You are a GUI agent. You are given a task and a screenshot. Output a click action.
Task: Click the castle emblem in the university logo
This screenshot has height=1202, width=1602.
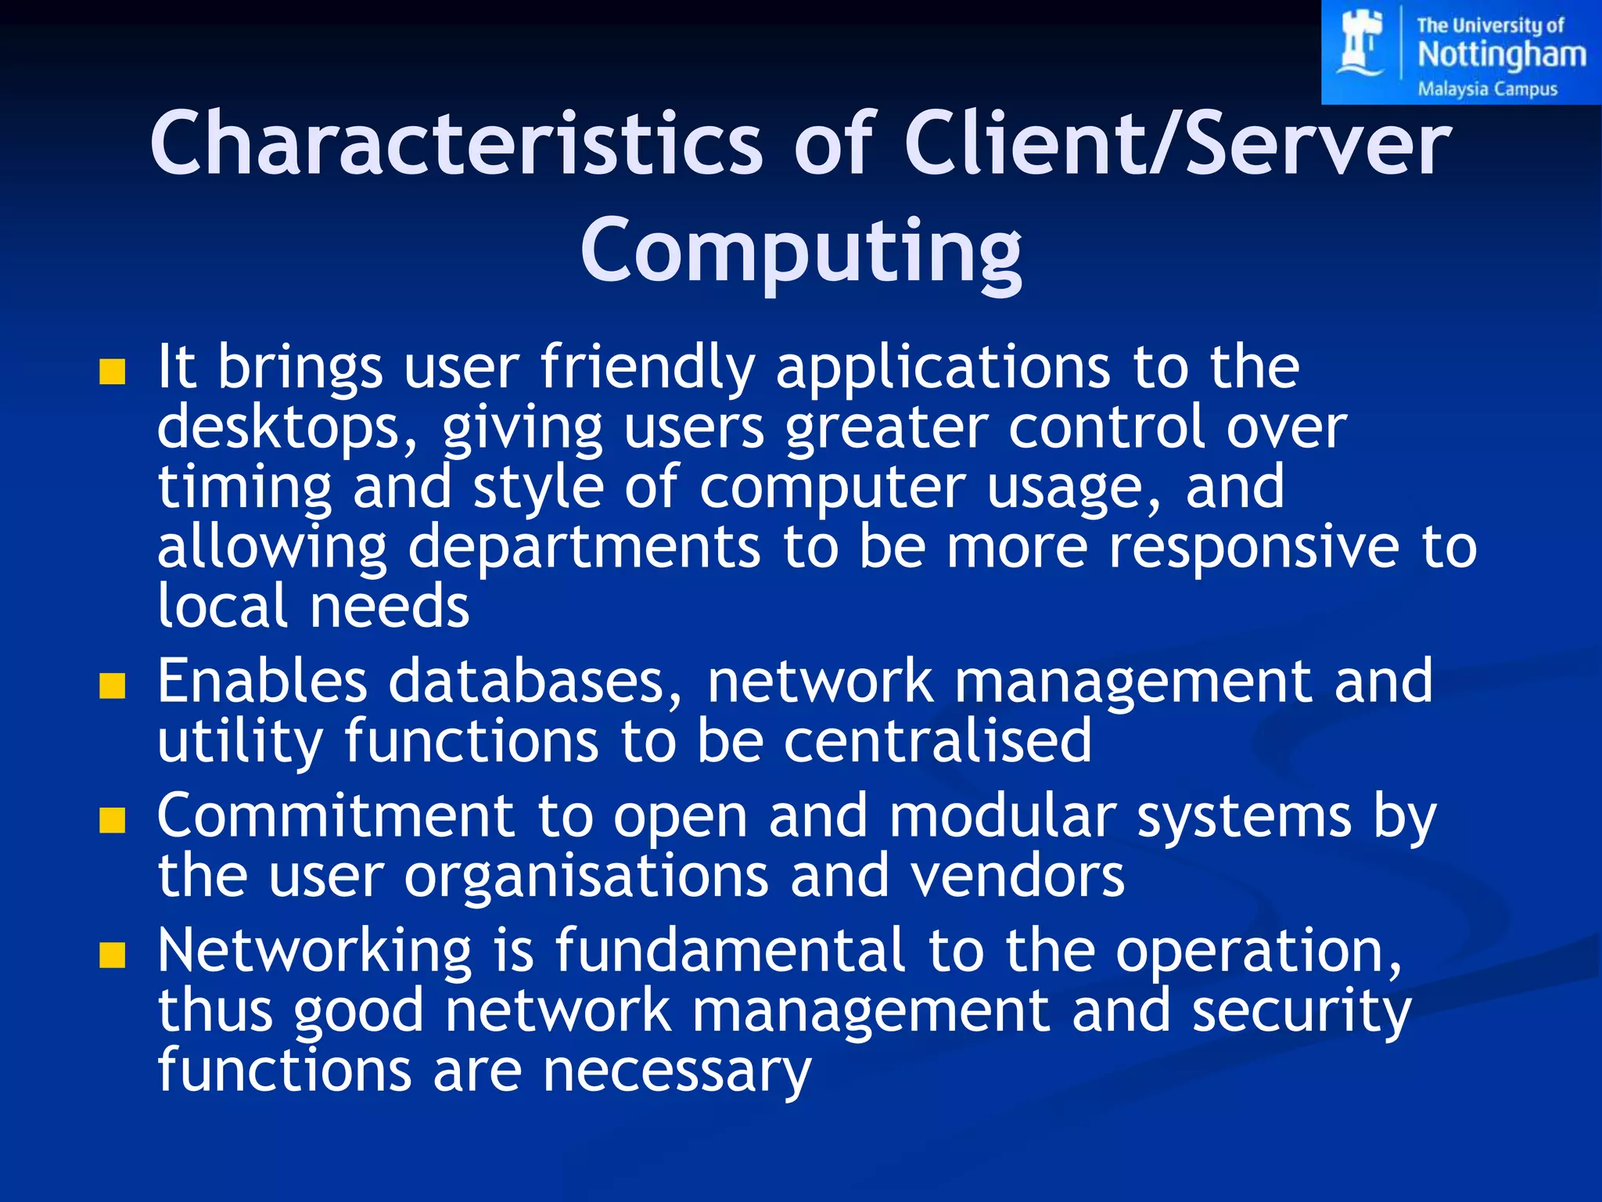click(x=1362, y=43)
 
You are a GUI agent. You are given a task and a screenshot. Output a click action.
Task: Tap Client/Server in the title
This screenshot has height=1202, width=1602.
click(x=1177, y=144)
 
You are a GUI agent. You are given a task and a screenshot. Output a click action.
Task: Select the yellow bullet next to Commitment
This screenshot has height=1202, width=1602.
click(x=113, y=821)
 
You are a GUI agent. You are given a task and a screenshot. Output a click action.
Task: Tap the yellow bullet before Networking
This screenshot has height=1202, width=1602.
click(x=113, y=955)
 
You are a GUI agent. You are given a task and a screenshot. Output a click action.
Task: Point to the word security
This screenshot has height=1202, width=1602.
click(x=1302, y=1011)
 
